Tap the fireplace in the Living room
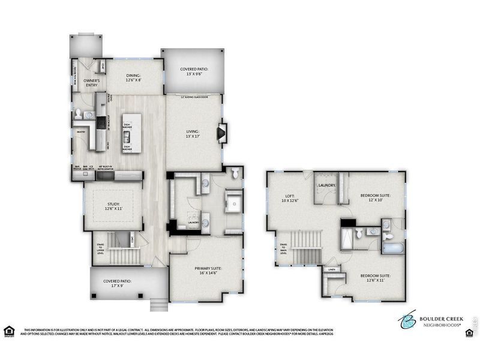[222, 131]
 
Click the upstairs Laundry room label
[326, 185]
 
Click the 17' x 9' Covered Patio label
[117, 284]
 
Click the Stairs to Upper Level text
[100, 248]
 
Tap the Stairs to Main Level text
[282, 248]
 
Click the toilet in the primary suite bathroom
[235, 173]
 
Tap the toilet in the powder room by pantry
[77, 114]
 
